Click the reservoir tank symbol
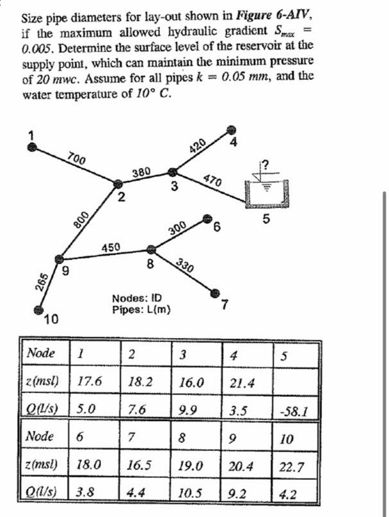coord(267,191)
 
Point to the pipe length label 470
coord(212,180)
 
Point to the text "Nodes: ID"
coord(137,298)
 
